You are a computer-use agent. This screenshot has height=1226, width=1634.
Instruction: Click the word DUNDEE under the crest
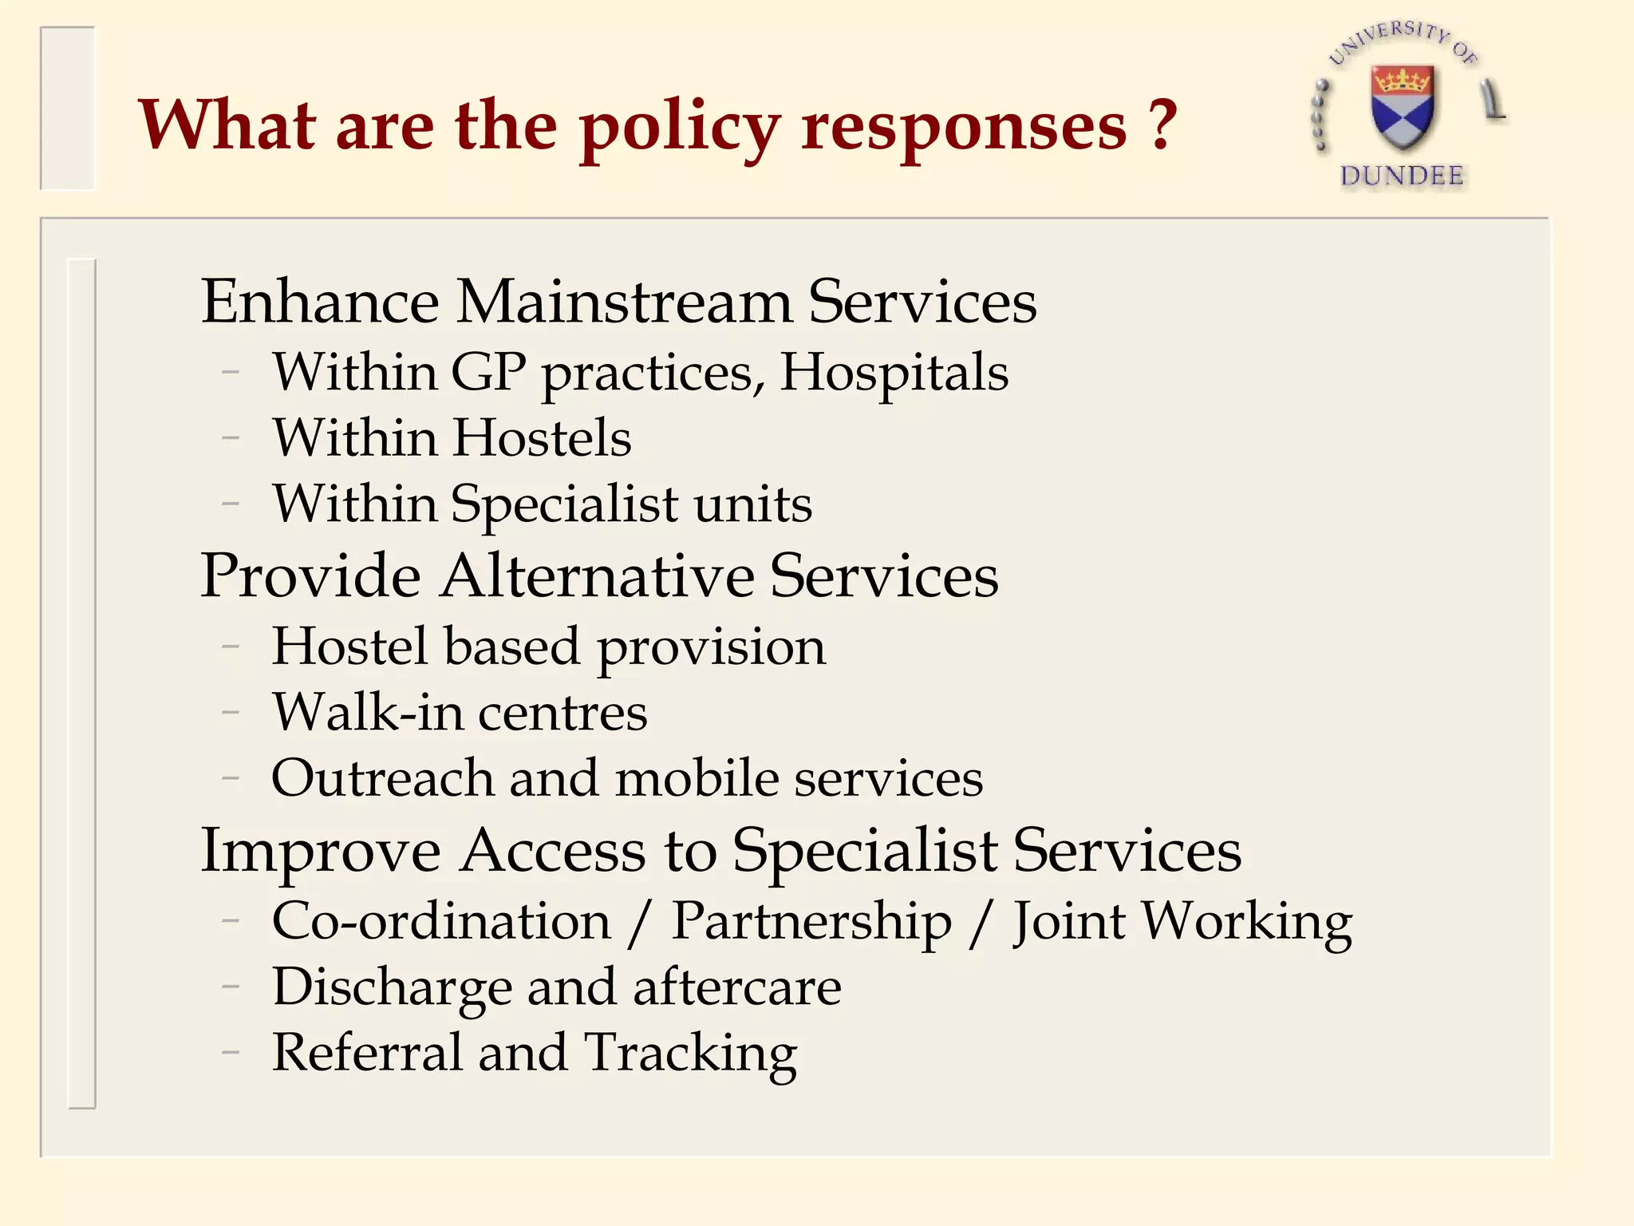[x=1402, y=176]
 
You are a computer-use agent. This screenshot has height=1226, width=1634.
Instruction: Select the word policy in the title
[x=680, y=128]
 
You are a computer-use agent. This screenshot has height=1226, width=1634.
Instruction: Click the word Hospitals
[x=894, y=373]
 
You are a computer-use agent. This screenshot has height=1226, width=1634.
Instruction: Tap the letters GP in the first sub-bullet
[x=488, y=372]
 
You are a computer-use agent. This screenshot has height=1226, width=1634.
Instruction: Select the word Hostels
[x=542, y=438]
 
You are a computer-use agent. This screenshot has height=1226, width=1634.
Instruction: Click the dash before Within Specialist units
[x=231, y=504]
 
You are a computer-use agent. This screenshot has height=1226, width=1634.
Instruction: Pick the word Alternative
[x=598, y=576]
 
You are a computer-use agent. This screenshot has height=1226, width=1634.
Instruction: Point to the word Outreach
[x=382, y=778]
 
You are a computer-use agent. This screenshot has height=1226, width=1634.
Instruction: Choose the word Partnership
[x=811, y=923]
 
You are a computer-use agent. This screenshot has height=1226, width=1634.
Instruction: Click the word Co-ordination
[x=441, y=922]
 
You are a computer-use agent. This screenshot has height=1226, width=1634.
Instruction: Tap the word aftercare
[x=736, y=988]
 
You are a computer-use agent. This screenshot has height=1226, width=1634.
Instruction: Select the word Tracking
[x=690, y=1054]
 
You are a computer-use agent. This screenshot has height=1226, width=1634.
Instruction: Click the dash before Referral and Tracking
[x=231, y=1053]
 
